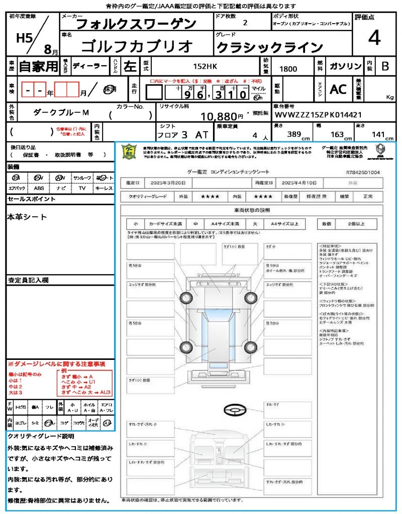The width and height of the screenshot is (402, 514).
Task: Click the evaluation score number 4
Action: (x=374, y=38)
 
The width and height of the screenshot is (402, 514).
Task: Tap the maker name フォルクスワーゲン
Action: (x=136, y=24)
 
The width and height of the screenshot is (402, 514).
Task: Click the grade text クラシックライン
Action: (x=269, y=47)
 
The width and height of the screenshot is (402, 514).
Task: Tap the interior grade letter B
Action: (x=385, y=66)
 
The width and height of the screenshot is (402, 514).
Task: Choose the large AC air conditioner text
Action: (x=338, y=89)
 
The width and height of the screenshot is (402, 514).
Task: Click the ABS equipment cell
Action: (x=39, y=188)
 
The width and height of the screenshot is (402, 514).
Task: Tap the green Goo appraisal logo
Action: (x=130, y=152)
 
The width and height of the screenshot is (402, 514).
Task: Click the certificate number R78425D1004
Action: (x=363, y=172)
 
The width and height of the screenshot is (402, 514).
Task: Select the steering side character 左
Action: (x=129, y=66)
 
